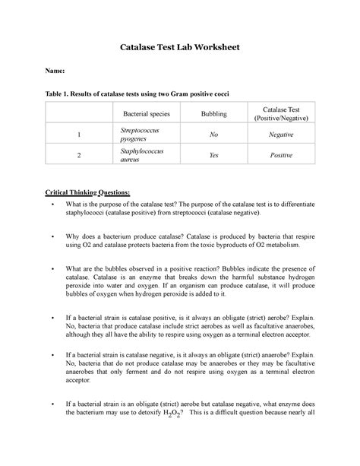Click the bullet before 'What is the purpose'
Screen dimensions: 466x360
(x=49, y=205)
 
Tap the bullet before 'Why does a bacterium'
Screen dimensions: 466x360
(x=49, y=237)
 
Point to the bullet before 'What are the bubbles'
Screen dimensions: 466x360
(x=49, y=269)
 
